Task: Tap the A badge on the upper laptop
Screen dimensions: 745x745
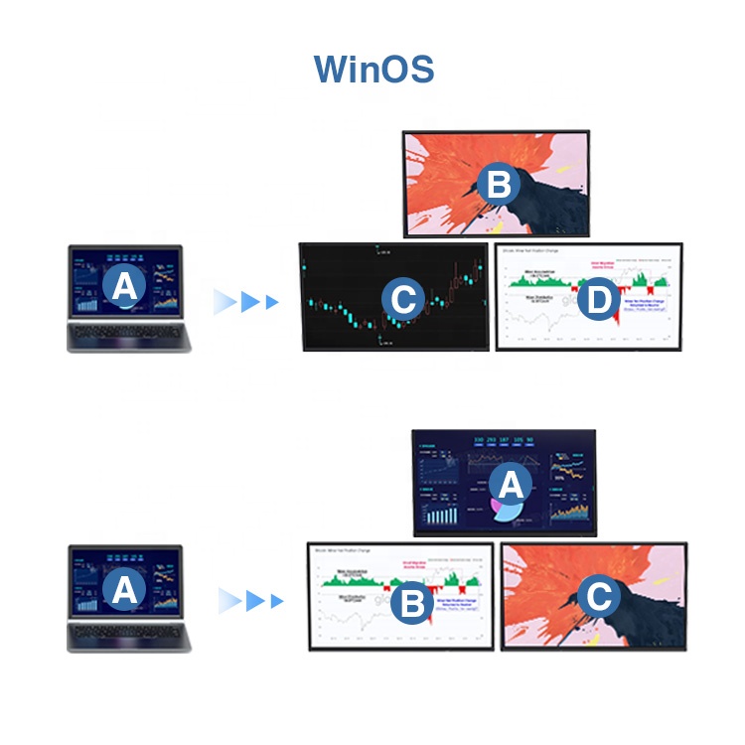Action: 124,286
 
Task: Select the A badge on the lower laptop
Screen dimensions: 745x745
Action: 124,590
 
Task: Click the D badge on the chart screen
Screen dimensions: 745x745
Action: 597,303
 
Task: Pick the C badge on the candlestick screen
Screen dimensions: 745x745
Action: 403,296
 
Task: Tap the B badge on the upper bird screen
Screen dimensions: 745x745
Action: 499,185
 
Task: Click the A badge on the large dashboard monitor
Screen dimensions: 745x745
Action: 510,485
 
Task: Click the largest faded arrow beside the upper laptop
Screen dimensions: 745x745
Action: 225,302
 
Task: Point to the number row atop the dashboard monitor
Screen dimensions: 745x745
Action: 505,440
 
